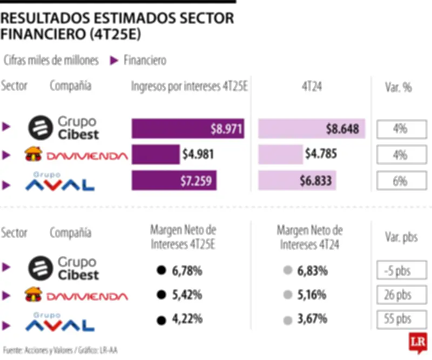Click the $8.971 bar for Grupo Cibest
click(188, 129)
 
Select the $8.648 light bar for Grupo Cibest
click(312, 129)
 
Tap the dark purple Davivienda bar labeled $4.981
click(156, 155)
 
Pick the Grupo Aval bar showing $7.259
click(174, 181)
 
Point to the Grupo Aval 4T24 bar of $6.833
click(297, 181)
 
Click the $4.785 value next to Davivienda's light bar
click(321, 155)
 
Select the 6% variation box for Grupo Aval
click(400, 181)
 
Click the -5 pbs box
click(400, 270)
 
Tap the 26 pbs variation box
click(400, 295)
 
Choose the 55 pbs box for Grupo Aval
click(400, 319)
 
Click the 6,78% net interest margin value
click(187, 270)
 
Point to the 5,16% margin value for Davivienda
click(312, 295)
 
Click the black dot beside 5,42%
click(160, 295)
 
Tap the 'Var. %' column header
click(400, 86)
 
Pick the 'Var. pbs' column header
click(400, 237)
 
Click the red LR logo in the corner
click(417, 343)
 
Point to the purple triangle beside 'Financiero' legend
click(114, 61)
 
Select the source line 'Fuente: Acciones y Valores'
click(59, 350)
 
